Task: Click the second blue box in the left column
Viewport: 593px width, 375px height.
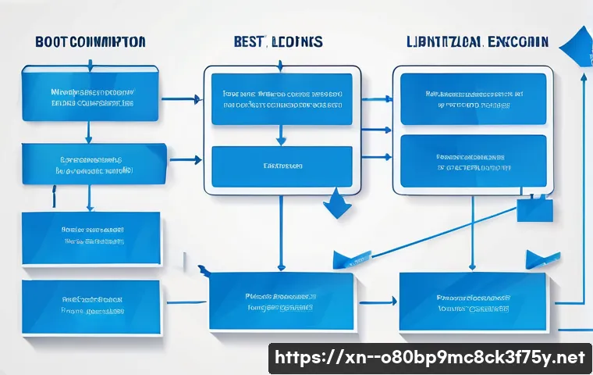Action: point(94,163)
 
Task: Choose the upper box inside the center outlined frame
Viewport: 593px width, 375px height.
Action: point(282,100)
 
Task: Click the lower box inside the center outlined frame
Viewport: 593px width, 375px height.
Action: point(282,166)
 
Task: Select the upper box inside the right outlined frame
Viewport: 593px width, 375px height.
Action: point(473,98)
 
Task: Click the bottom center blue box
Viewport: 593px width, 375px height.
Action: point(281,302)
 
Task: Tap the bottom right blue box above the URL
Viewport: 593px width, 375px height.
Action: point(473,302)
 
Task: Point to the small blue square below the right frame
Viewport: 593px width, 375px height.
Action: point(534,209)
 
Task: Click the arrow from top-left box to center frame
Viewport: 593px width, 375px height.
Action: point(182,99)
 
